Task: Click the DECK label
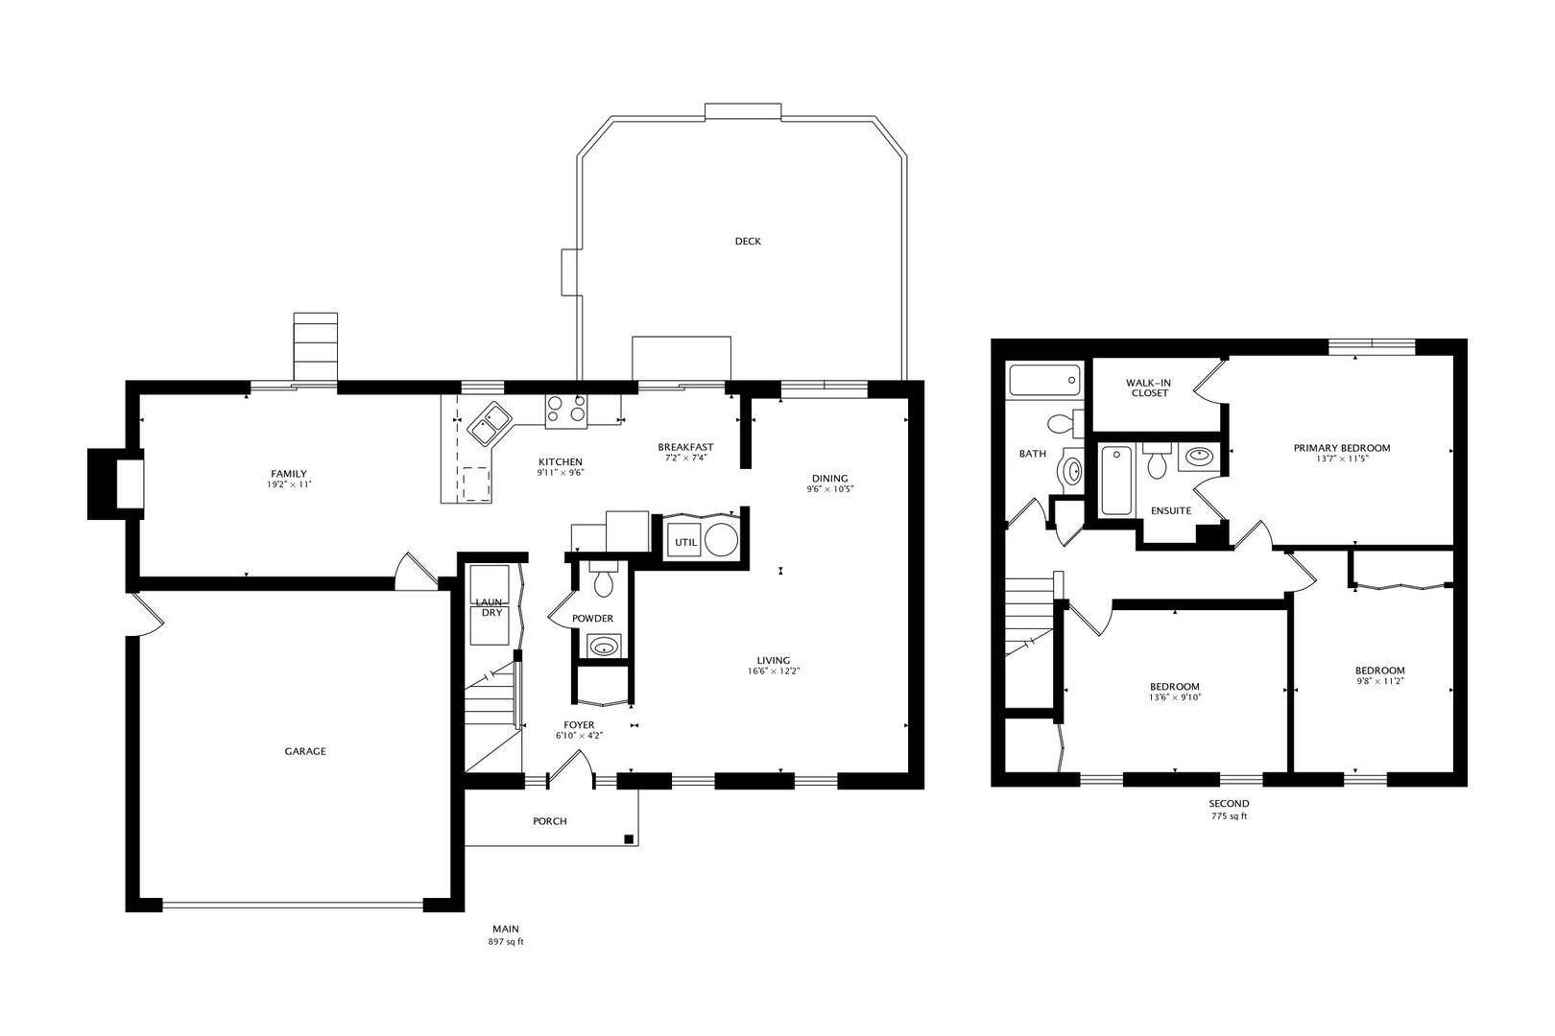(748, 242)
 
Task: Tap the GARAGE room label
(304, 751)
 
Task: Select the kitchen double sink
(490, 423)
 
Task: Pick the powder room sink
(603, 647)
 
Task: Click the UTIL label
(686, 542)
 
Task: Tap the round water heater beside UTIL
(721, 540)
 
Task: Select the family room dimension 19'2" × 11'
(289, 485)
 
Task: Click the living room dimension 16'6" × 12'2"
(774, 671)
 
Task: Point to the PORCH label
(550, 821)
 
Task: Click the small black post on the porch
(629, 839)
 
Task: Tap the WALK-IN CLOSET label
(1148, 388)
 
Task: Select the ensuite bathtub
(1115, 481)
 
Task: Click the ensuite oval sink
(1199, 456)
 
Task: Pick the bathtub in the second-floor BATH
(1044, 380)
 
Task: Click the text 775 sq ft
(1230, 816)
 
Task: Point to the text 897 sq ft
(505, 942)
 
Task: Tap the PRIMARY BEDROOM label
(1342, 448)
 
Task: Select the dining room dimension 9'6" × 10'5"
(829, 488)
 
